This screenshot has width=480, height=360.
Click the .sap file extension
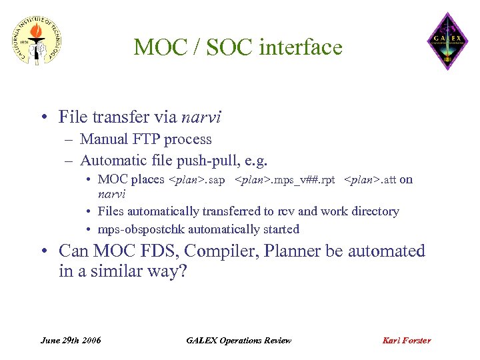[213, 180]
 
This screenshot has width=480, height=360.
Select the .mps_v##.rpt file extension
[299, 180]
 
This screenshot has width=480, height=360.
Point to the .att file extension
[385, 180]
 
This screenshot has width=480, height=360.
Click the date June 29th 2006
[71, 340]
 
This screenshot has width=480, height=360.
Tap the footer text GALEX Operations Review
[239, 340]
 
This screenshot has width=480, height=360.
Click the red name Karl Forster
[406, 340]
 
